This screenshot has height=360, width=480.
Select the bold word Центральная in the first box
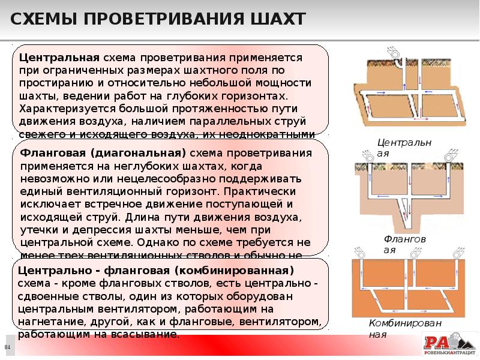(x=59, y=58)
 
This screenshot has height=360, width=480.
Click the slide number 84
(x=8, y=348)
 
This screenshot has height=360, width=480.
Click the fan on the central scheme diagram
(x=395, y=54)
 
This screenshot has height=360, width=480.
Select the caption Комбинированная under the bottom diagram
(x=397, y=328)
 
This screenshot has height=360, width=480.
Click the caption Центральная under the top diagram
(x=396, y=148)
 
